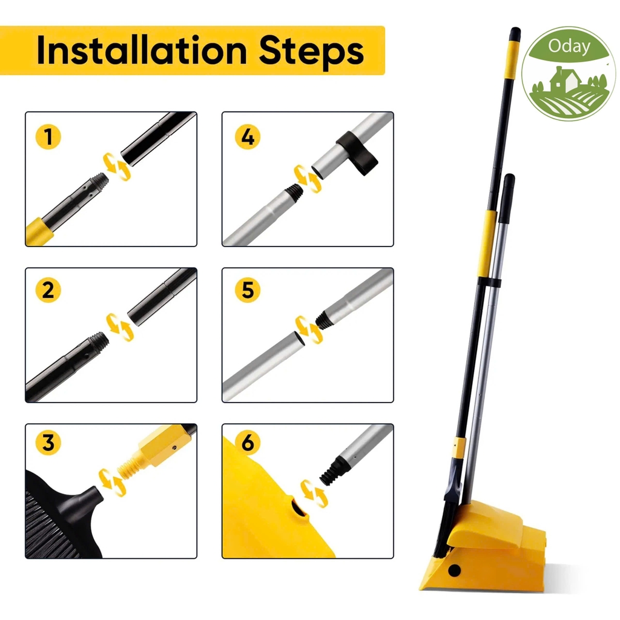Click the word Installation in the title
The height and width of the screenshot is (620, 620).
click(142, 50)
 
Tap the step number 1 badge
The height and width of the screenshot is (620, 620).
click(48, 137)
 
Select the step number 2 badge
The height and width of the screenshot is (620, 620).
click(48, 290)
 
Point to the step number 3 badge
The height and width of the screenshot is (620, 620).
click(48, 443)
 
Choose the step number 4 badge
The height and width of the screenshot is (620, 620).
click(248, 137)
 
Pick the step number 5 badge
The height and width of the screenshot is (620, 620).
click(248, 290)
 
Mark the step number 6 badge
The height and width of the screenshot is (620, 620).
click(248, 443)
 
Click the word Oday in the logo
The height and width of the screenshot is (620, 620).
click(569, 47)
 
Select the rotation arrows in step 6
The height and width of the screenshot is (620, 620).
click(314, 493)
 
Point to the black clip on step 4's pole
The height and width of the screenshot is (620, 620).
click(357, 151)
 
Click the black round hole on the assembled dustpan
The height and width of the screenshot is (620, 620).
click(454, 570)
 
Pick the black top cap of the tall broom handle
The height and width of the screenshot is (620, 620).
click(515, 34)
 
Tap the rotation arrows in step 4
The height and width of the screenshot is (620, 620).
click(308, 179)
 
